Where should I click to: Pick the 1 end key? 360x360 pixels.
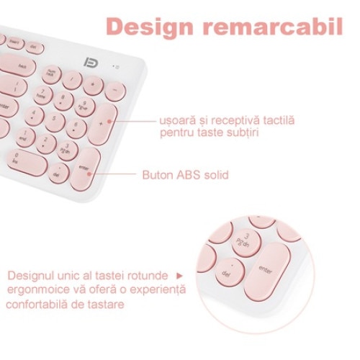click(26, 135)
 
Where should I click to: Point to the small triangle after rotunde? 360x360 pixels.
click(180, 276)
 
